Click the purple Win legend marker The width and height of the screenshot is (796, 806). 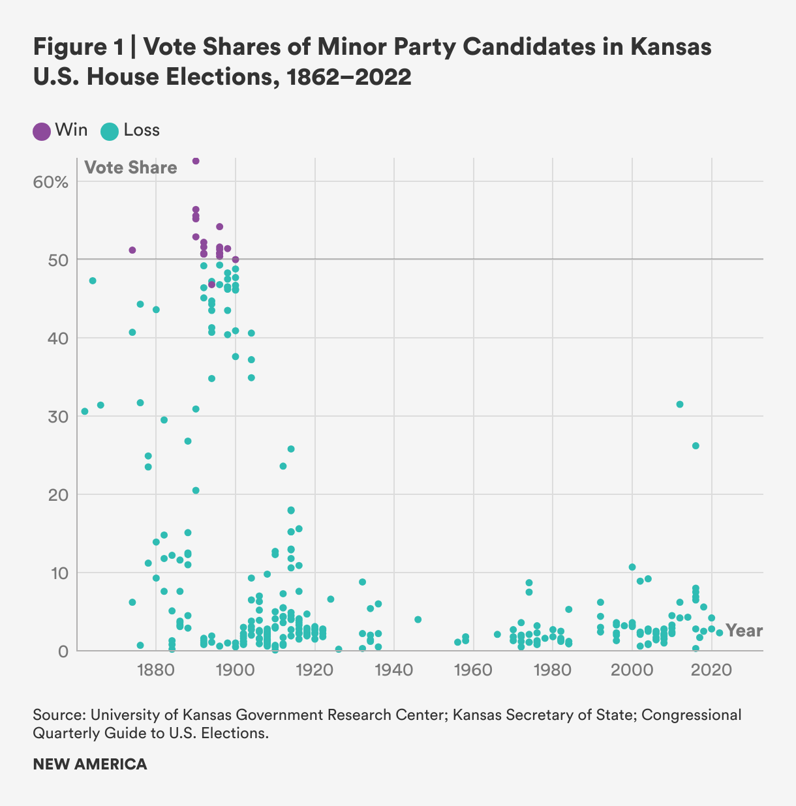[42, 131]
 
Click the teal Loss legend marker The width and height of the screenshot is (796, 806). [110, 131]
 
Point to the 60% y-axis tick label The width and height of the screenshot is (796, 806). [50, 182]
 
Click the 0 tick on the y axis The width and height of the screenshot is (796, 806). [63, 651]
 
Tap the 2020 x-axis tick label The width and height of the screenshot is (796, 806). [711, 669]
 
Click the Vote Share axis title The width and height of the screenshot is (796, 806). [130, 168]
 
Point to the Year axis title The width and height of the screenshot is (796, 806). [744, 631]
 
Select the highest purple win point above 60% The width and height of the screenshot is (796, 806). [196, 161]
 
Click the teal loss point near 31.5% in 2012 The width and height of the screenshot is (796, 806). [680, 404]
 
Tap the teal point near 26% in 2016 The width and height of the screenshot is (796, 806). [696, 446]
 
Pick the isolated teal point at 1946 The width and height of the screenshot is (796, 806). [418, 619]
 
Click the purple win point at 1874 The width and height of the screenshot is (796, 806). [132, 250]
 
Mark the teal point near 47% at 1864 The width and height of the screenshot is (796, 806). [93, 281]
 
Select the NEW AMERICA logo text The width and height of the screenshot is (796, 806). [90, 764]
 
